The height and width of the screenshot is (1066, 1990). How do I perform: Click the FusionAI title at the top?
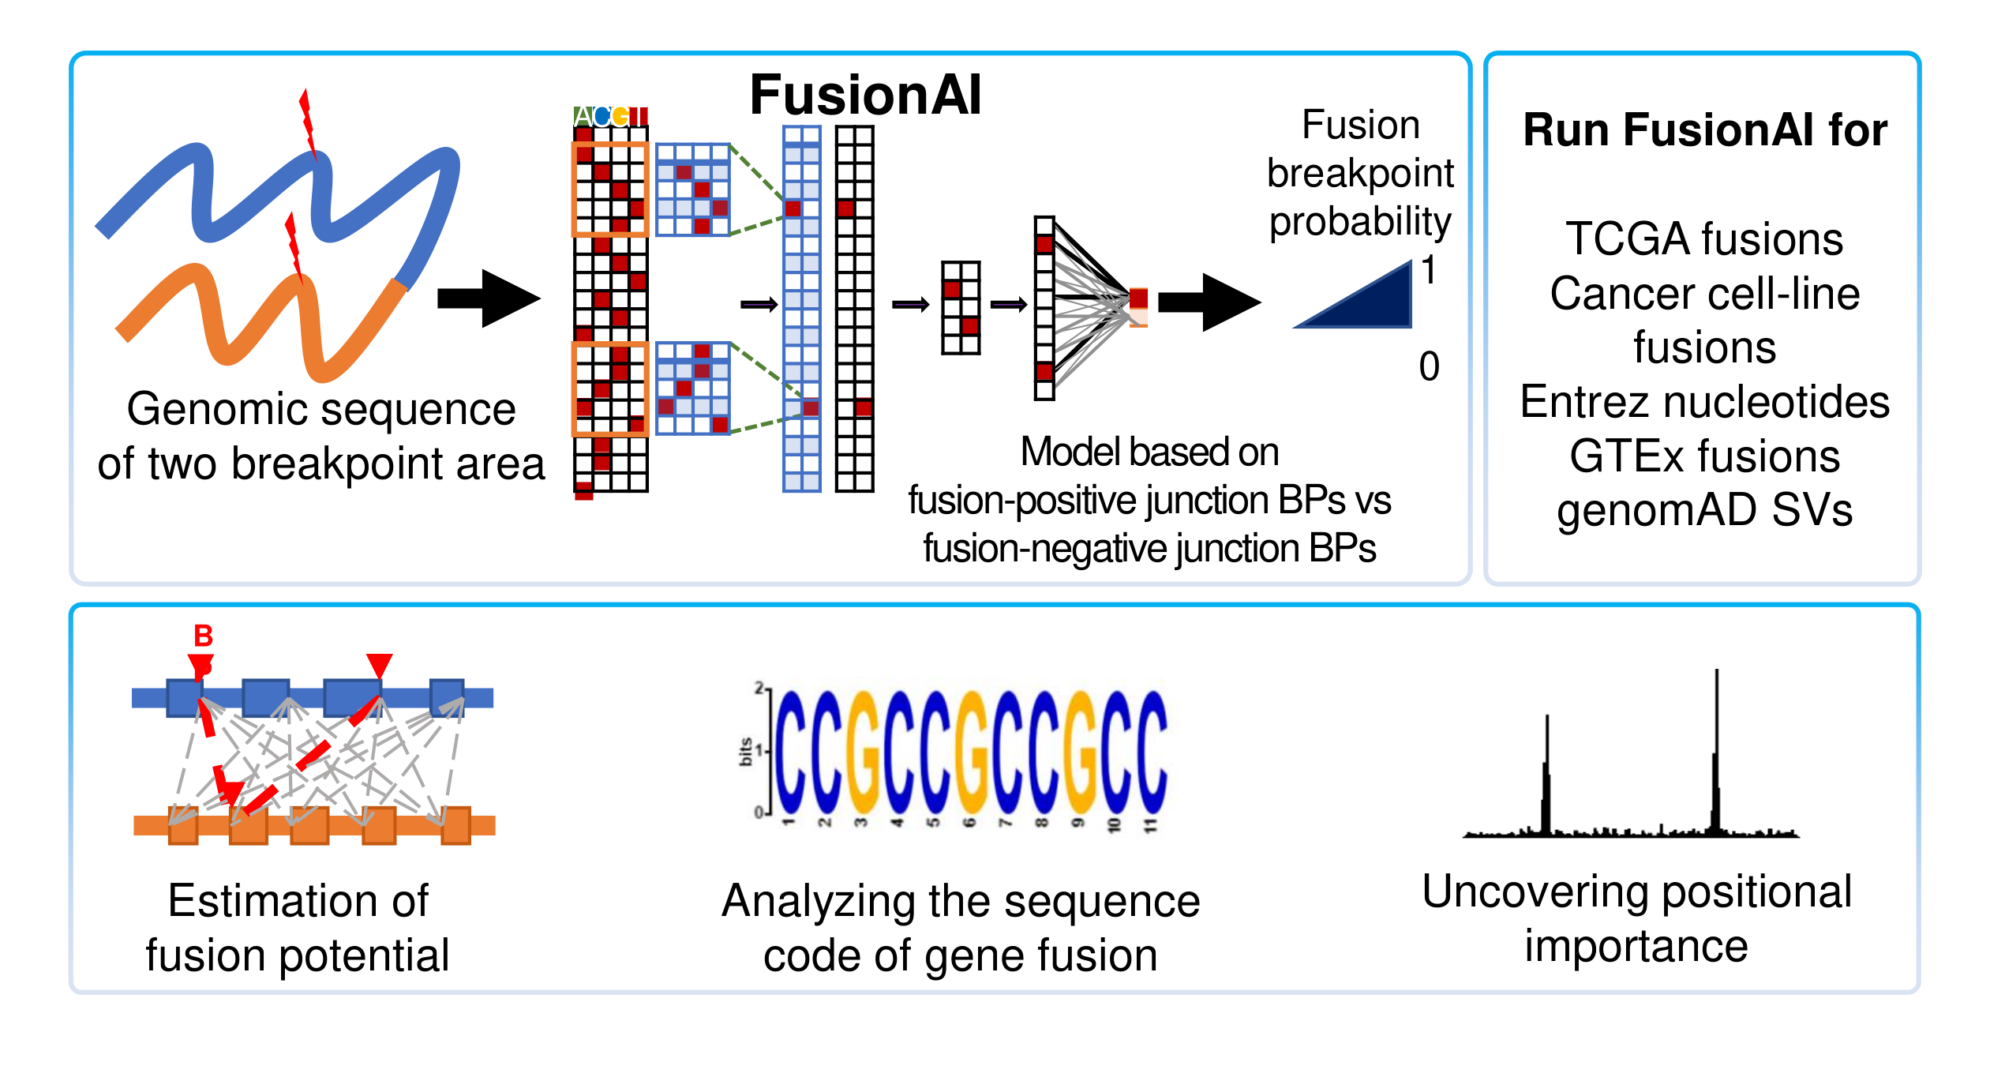tap(865, 96)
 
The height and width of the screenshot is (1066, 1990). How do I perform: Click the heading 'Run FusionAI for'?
tap(1705, 130)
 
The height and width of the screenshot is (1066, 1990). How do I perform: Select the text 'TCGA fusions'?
tap(1705, 238)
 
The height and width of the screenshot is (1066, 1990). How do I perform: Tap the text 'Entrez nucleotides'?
tap(1705, 402)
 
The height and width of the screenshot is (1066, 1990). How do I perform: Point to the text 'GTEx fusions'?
tap(1705, 456)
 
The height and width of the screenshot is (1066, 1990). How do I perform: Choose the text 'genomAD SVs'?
tap(1705, 510)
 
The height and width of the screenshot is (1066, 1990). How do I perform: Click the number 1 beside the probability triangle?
tap(1429, 271)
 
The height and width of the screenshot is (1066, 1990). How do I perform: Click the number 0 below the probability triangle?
tap(1429, 366)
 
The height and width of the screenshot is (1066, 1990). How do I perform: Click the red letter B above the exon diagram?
tap(204, 636)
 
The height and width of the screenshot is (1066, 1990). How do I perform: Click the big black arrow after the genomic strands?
tap(489, 298)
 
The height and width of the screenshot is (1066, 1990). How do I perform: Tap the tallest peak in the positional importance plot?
tap(1717, 750)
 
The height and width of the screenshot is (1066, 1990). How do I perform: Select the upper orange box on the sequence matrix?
tap(610, 190)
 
